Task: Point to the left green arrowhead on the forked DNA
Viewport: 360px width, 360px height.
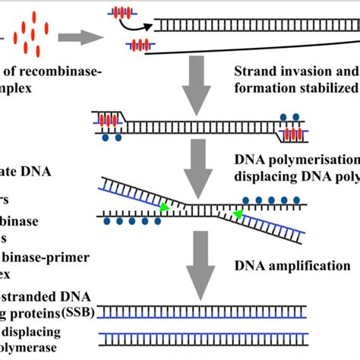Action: tap(163, 205)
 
